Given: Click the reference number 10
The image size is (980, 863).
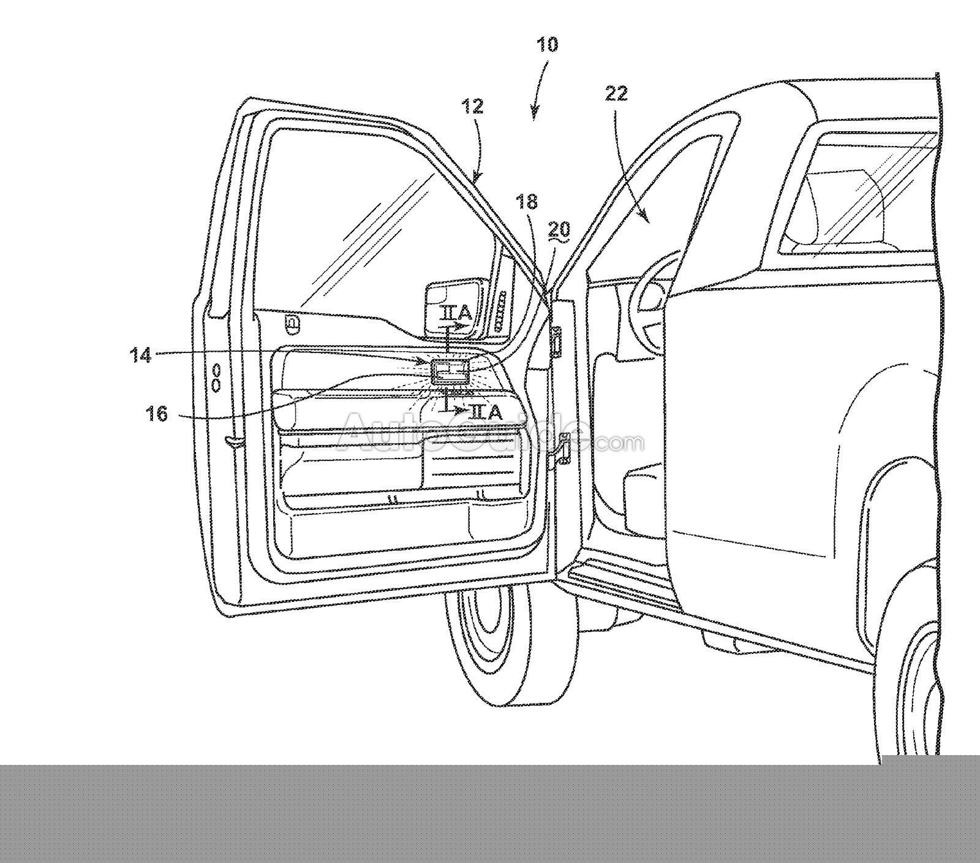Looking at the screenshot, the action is point(547,45).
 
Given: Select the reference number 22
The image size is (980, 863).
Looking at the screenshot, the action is point(616,94).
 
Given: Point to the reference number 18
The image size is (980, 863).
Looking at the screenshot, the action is point(526,202).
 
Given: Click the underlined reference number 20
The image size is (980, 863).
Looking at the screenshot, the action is point(559,229).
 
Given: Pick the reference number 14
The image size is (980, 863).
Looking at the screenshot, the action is point(142,354).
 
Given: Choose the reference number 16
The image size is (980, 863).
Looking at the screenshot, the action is point(156,414).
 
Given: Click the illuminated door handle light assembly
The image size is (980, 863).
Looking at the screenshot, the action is point(450,372).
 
